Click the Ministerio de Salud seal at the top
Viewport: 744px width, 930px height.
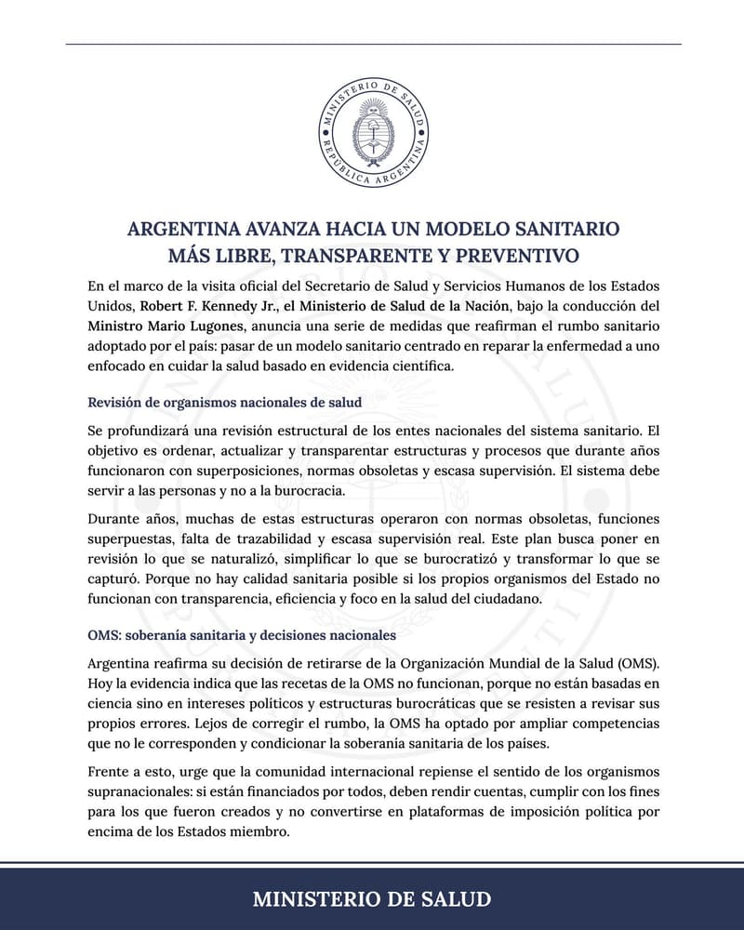373,131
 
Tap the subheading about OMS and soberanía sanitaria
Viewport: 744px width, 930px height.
242,634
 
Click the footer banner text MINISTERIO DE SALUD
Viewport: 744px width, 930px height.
372,898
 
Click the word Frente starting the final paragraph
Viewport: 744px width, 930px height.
111,770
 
